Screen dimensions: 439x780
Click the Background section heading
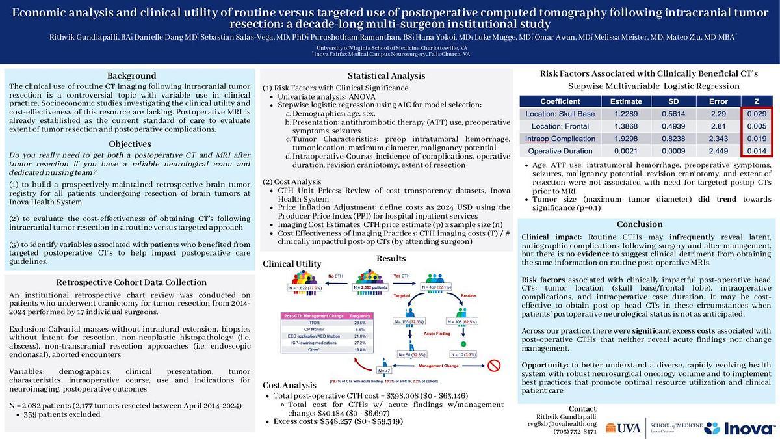tap(132, 76)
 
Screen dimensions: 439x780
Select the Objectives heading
tap(132, 144)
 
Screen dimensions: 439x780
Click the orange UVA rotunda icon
tap(612, 428)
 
